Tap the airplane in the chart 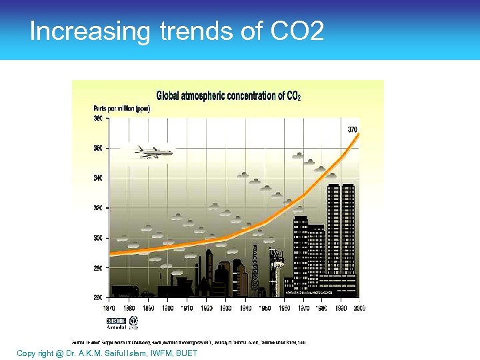(153, 151)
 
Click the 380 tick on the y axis (98, 119)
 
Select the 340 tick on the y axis (98, 178)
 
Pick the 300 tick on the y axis (98, 237)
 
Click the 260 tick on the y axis (98, 297)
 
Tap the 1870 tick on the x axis (109, 308)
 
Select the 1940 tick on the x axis (245, 308)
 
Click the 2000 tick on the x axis (359, 308)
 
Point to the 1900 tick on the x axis (168, 308)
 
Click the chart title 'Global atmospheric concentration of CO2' (228, 95)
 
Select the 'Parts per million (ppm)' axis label (122, 108)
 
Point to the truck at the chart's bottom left (124, 291)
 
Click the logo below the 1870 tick (116, 323)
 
